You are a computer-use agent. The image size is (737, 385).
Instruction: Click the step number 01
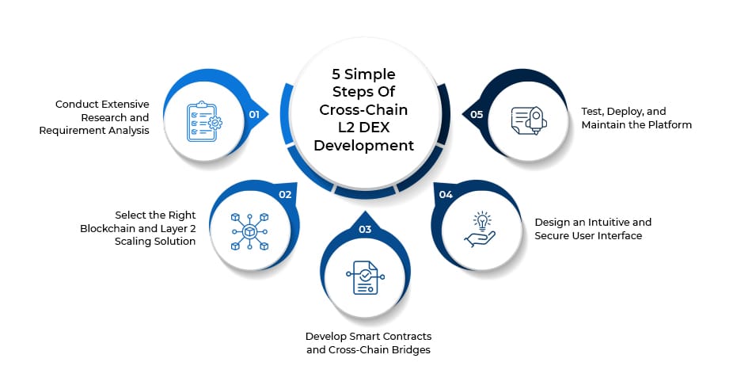click(254, 114)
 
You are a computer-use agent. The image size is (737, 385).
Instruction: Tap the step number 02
click(285, 194)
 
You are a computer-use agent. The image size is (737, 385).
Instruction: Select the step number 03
click(365, 230)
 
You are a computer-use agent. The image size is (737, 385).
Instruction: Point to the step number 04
click(446, 194)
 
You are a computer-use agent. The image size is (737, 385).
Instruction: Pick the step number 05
click(477, 114)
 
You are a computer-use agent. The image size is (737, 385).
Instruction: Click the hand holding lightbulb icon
click(480, 227)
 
